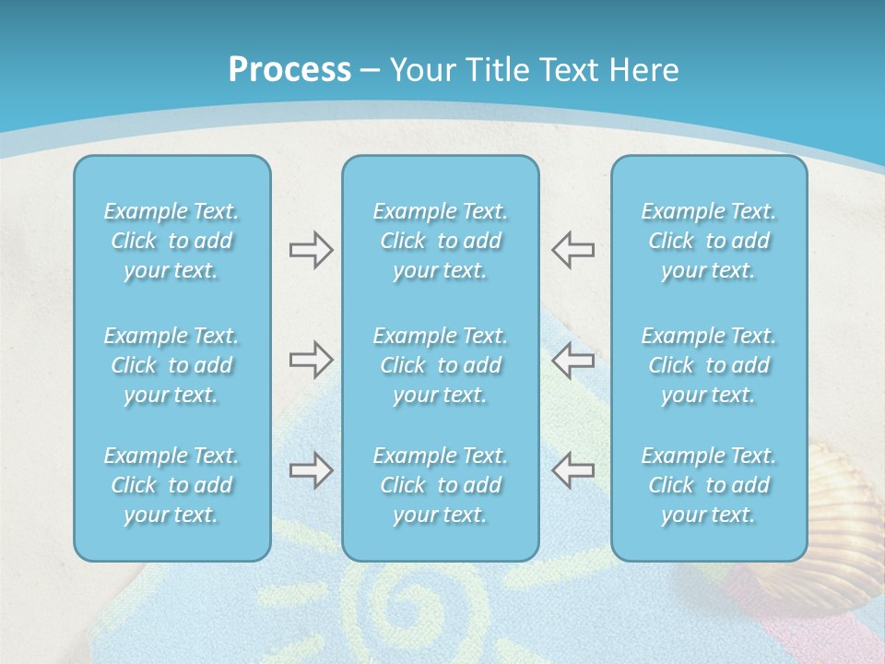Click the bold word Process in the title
pyautogui.click(x=289, y=70)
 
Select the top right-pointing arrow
pyautogui.click(x=311, y=250)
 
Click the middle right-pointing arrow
pyautogui.click(x=311, y=359)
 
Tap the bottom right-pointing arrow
pyautogui.click(x=311, y=470)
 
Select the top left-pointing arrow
pyautogui.click(x=572, y=250)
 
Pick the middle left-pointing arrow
pyautogui.click(x=572, y=359)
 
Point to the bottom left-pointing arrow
pyautogui.click(x=572, y=470)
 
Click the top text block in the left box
pyautogui.click(x=171, y=241)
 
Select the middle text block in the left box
pyautogui.click(x=171, y=365)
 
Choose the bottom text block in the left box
pyautogui.click(x=171, y=485)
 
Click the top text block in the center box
pyautogui.click(x=440, y=241)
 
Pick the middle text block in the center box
pyautogui.click(x=440, y=365)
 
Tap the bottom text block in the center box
pyautogui.click(x=440, y=485)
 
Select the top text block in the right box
pyautogui.click(x=708, y=241)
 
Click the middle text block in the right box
pyautogui.click(x=708, y=365)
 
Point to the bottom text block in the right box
pyautogui.click(x=708, y=485)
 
